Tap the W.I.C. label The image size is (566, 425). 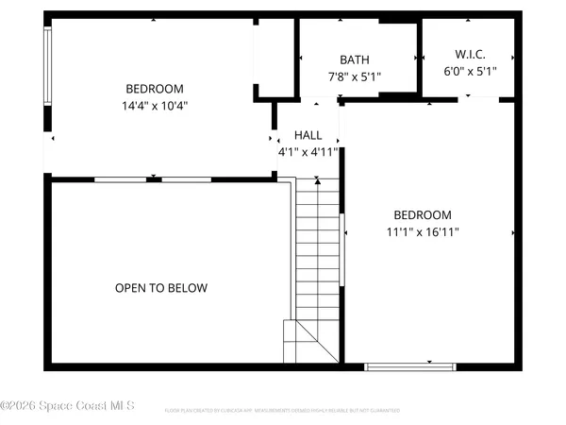[x=470, y=55]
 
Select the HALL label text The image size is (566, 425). [x=308, y=135]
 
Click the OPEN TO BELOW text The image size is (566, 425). [x=161, y=288]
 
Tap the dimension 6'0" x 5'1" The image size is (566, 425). [x=470, y=71]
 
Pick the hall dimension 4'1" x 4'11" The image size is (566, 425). [x=308, y=151]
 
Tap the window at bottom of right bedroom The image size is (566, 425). [x=409, y=366]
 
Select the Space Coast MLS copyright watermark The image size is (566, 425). [x=68, y=406]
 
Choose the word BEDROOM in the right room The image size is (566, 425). [x=422, y=214]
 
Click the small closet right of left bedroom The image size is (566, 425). [x=275, y=57]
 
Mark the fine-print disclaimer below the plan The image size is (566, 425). [x=283, y=411]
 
